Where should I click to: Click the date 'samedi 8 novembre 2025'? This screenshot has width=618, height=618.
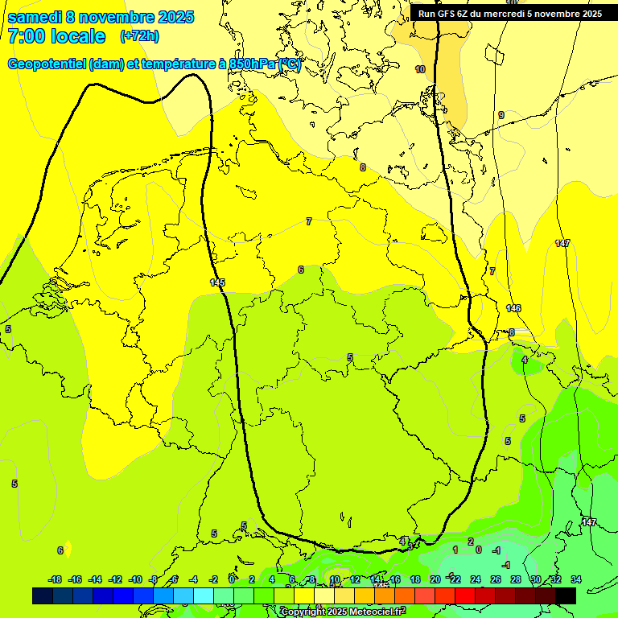click(x=101, y=17)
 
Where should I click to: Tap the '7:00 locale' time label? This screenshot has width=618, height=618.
click(x=56, y=36)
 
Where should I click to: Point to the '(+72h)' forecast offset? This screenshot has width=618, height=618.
click(x=139, y=36)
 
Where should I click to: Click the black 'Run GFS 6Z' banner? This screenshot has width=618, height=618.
click(x=510, y=13)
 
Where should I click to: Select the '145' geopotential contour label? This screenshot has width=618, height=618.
click(x=217, y=282)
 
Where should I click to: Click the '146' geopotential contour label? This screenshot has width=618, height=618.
click(x=513, y=308)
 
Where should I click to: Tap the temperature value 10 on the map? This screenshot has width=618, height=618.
click(x=420, y=70)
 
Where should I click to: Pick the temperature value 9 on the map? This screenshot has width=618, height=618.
click(x=501, y=116)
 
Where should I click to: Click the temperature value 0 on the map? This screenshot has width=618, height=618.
click(x=479, y=550)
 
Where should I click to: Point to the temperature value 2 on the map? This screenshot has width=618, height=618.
click(x=471, y=542)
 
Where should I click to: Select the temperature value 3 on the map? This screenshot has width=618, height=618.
click(x=410, y=546)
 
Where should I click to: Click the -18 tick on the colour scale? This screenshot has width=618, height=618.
click(x=55, y=579)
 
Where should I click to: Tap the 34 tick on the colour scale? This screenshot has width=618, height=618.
click(x=576, y=579)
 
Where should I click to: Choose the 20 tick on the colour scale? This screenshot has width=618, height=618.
click(x=435, y=579)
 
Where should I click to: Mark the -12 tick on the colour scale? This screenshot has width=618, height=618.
click(x=115, y=579)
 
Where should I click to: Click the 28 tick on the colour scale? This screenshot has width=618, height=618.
click(x=516, y=579)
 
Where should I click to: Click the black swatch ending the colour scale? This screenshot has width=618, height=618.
click(x=566, y=595)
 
